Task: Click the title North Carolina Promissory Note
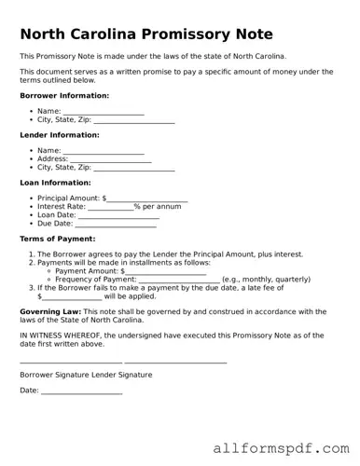tap(146, 34)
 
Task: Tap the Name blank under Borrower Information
tap(104, 112)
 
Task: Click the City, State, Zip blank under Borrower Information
tap(134, 120)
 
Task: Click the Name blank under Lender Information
tap(104, 151)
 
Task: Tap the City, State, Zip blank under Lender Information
tap(134, 168)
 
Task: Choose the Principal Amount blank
tap(146, 199)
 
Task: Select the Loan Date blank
tap(118, 215)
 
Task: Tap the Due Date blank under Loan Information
tap(116, 224)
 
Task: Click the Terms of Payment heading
tap(58, 239)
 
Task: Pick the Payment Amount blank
tap(165, 271)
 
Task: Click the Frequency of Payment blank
tap(179, 280)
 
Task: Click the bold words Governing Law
tap(50, 311)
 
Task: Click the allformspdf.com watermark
tap(280, 448)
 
